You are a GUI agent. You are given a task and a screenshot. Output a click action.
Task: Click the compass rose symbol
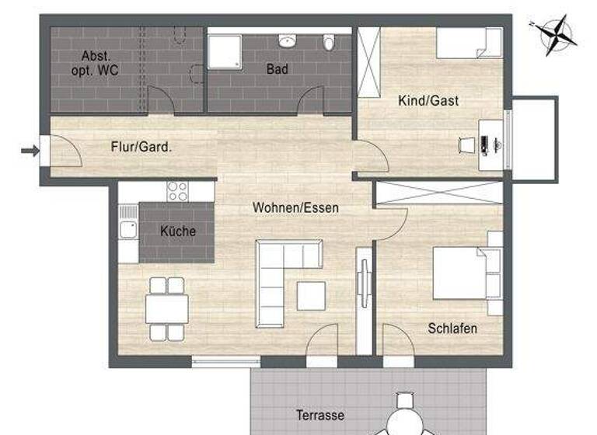click(553, 34)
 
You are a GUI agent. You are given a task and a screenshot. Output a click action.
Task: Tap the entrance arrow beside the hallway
click(30, 151)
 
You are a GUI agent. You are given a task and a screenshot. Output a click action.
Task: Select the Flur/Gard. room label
click(141, 146)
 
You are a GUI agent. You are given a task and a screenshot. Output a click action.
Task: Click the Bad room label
click(278, 70)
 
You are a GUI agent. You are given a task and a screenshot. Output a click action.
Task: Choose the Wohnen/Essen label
click(295, 208)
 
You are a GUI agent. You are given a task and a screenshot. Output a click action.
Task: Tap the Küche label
click(178, 231)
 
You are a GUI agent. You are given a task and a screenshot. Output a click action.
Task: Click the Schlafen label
click(452, 329)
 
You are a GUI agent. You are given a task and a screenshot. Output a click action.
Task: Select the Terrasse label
click(319, 416)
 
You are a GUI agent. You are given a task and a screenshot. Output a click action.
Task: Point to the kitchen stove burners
click(178, 190)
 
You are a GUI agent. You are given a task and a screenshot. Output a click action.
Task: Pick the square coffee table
click(311, 296)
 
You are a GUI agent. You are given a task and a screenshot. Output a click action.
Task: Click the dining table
click(166, 308)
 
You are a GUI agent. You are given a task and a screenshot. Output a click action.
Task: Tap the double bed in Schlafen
click(464, 272)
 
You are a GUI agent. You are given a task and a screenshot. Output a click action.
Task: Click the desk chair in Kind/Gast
click(466, 144)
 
